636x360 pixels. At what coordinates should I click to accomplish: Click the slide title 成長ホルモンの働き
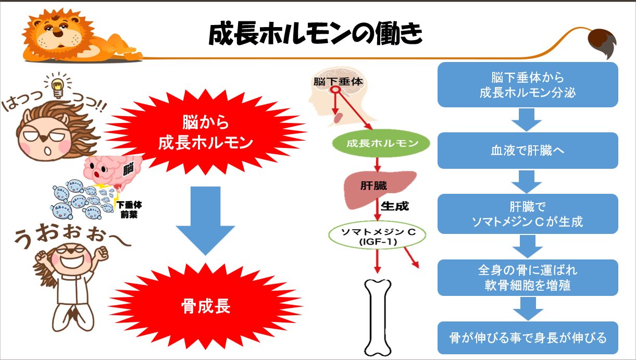(315, 35)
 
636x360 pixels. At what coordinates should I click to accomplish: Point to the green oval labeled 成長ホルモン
(382, 143)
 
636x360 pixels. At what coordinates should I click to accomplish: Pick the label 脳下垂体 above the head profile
(338, 82)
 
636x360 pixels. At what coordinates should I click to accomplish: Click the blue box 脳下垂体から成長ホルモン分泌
(527, 85)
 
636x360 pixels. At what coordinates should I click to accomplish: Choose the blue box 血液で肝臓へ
(527, 151)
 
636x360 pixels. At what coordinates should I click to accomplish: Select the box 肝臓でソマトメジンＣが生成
(527, 214)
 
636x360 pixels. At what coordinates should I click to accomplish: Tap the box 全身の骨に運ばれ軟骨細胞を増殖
(527, 278)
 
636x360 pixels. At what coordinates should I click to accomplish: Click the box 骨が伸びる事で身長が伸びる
(527, 338)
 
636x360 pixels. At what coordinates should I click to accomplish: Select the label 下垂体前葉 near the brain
(128, 209)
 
